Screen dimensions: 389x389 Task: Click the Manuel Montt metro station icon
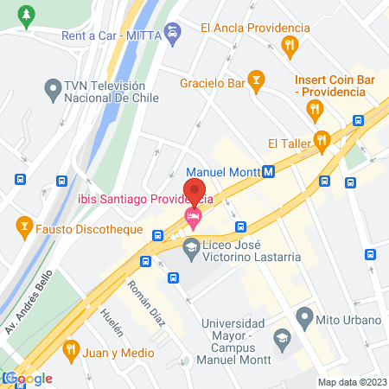point(269,171)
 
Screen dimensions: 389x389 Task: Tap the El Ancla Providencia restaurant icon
point(293,43)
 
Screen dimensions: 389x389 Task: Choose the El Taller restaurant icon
point(322,141)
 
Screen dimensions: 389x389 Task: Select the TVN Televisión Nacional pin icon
point(52,88)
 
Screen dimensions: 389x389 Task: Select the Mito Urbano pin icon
point(303,319)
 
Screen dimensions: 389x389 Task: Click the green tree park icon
point(27,15)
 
